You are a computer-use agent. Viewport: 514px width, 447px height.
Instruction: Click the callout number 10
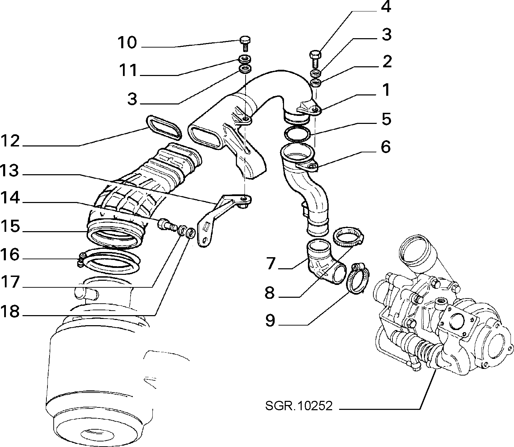click(x=127, y=42)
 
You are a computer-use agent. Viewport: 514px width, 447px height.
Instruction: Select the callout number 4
click(x=386, y=7)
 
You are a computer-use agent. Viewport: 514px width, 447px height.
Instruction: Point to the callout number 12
click(x=10, y=141)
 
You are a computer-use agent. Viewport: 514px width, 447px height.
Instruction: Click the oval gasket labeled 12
click(x=164, y=127)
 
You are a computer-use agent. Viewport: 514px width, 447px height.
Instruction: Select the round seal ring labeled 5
click(x=297, y=134)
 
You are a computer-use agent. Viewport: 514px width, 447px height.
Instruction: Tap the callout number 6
click(x=386, y=147)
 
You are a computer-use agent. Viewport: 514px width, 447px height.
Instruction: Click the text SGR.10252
click(x=299, y=405)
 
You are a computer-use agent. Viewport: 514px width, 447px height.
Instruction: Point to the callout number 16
click(x=10, y=254)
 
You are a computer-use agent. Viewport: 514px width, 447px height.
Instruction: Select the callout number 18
click(x=10, y=311)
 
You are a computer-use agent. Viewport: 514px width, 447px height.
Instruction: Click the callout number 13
click(x=10, y=170)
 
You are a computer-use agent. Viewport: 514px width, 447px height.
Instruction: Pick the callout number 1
click(x=387, y=90)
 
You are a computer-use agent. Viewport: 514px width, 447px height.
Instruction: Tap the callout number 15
click(x=10, y=226)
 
